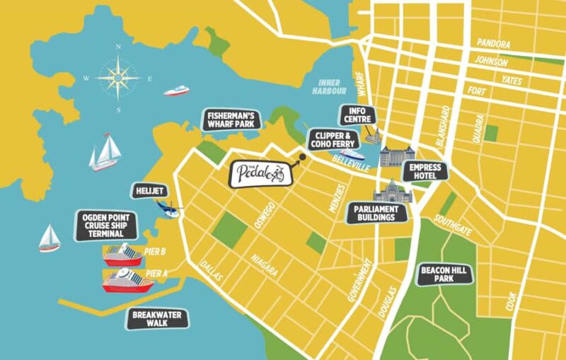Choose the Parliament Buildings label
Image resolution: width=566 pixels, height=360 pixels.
point(380,213)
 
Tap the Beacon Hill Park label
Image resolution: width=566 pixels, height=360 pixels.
point(446,274)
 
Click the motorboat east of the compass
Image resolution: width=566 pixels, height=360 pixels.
point(177,90)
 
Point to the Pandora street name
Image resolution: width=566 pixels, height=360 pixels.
point(493,43)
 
